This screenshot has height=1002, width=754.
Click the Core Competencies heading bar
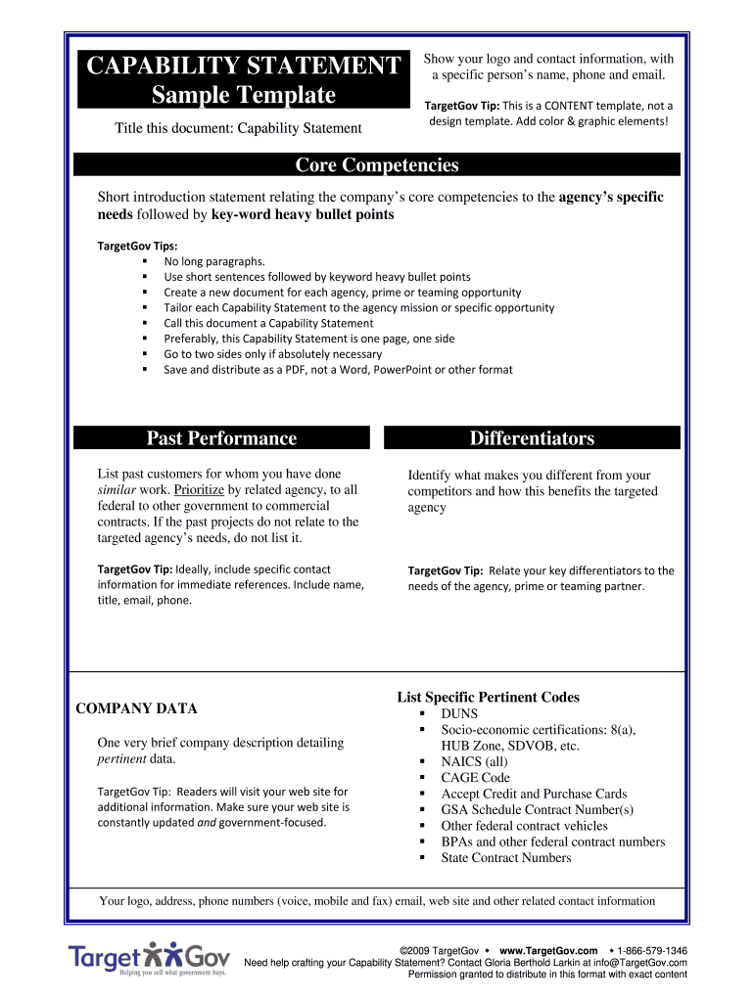377,165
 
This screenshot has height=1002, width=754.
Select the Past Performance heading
221,438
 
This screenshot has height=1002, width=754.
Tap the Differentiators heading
532,438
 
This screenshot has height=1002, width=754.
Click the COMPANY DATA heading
136,708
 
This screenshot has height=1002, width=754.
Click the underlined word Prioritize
199,490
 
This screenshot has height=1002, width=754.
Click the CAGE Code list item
475,778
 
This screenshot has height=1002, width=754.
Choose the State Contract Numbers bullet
505,858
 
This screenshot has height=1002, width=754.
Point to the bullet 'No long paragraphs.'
213,261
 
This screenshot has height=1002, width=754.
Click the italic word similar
117,490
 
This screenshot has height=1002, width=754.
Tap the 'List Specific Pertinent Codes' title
488,698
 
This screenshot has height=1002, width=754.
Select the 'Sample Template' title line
243,95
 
